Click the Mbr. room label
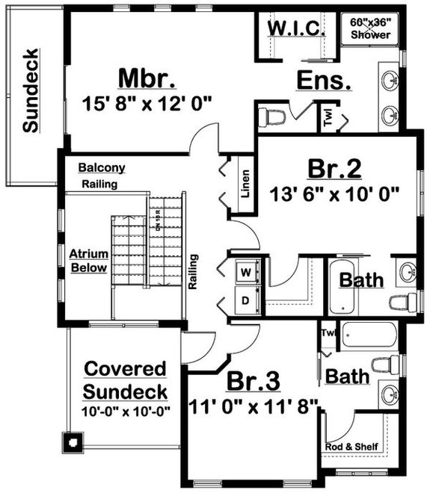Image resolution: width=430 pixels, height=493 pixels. click(147, 78)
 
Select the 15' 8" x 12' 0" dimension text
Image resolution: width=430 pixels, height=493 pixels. click(148, 102)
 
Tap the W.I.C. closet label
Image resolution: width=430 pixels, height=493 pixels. click(295, 28)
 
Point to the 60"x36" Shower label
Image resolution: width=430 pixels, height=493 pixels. click(370, 28)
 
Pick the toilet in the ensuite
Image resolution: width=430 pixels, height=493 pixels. click(272, 117)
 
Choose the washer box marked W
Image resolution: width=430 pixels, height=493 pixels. click(245, 272)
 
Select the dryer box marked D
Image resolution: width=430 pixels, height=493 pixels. click(245, 303)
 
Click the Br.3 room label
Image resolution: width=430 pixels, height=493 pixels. click(254, 381)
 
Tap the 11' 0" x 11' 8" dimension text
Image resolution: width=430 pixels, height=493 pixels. click(254, 405)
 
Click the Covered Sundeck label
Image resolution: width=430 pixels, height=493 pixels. click(125, 379)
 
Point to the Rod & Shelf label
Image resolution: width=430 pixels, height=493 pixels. click(351, 447)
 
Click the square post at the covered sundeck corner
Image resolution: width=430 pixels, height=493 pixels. click(73, 441)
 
